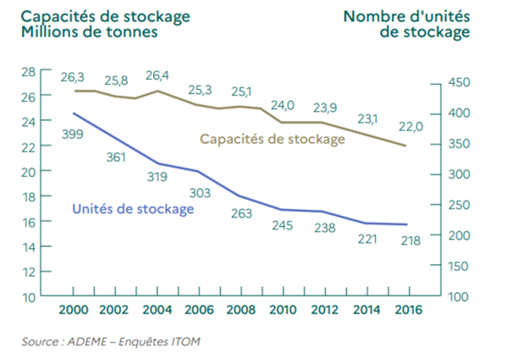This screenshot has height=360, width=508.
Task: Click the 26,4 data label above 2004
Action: click(x=158, y=75)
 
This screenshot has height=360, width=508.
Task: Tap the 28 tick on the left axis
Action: click(x=29, y=71)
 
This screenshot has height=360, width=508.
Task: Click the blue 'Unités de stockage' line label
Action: click(x=134, y=208)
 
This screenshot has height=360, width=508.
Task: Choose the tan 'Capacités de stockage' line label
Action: click(x=272, y=138)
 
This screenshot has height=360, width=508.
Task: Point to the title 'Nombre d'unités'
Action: click(x=406, y=16)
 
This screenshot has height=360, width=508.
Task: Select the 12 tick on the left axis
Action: click(x=29, y=272)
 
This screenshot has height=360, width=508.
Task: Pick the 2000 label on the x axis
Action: click(x=74, y=311)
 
